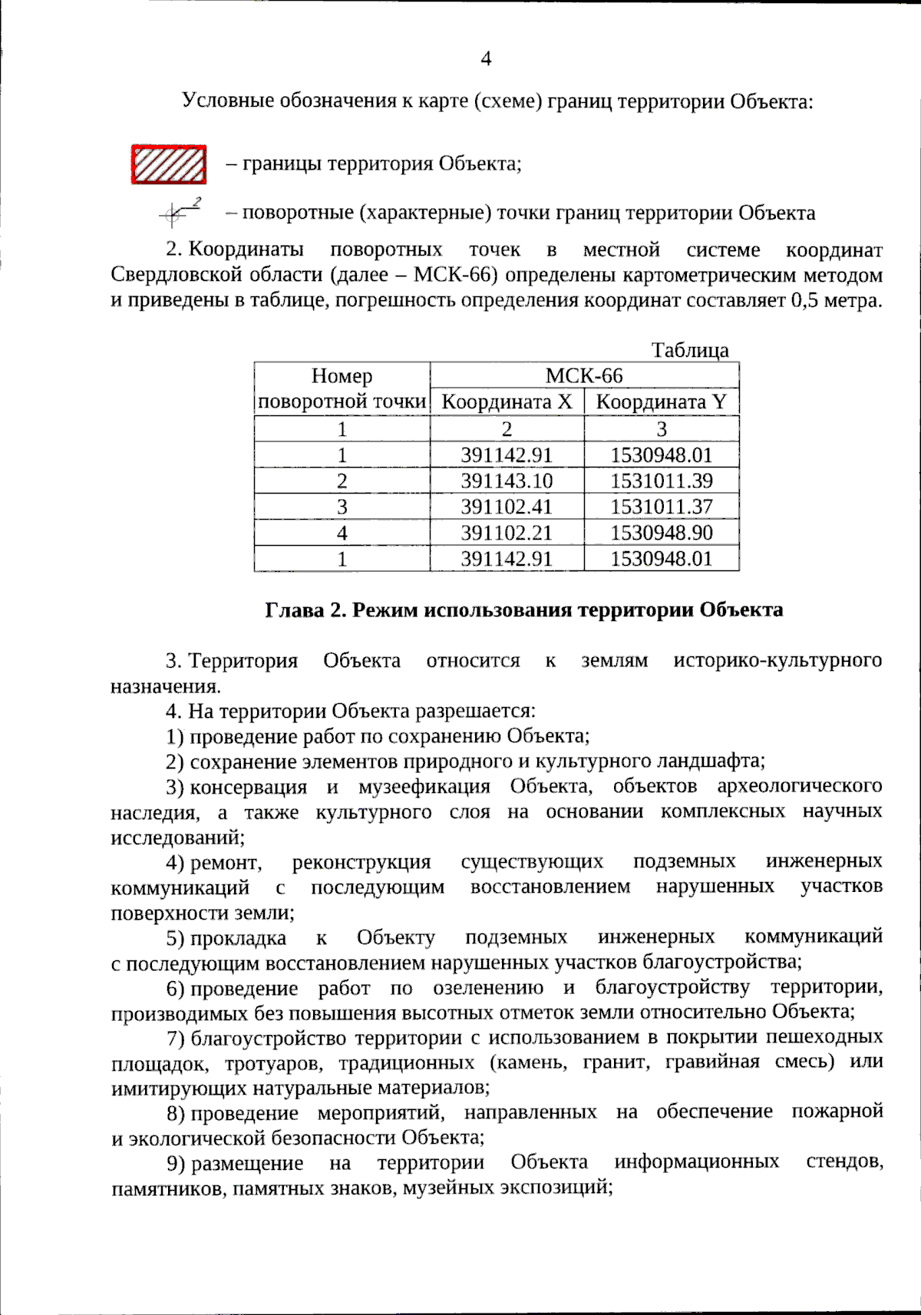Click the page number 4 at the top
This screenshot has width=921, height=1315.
click(485, 58)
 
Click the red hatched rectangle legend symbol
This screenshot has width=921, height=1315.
click(169, 164)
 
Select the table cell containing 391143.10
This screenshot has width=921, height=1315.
click(507, 481)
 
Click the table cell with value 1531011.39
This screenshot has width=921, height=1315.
click(661, 481)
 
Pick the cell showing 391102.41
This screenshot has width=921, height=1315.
click(507, 507)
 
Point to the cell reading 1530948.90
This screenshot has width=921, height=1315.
click(661, 532)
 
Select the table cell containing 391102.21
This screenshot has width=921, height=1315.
click(507, 532)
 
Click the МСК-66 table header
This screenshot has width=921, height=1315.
click(584, 375)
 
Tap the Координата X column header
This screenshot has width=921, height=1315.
click(507, 401)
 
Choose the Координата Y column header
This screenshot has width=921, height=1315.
click(661, 401)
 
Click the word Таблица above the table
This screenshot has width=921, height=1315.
click(690, 350)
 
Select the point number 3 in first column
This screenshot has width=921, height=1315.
click(342, 507)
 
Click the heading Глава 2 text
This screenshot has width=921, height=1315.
click(523, 610)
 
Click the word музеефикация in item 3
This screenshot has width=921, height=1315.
click(424, 787)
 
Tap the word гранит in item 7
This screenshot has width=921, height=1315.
click(616, 1062)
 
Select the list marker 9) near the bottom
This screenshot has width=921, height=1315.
click(176, 1163)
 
